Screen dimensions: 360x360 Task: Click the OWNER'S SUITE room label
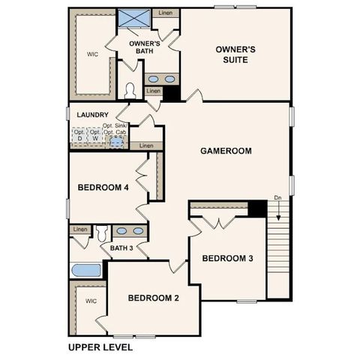(x=235, y=55)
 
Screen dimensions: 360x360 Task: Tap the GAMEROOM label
(x=225, y=151)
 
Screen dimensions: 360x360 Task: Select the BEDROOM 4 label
(x=104, y=187)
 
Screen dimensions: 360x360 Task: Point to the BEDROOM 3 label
(x=227, y=259)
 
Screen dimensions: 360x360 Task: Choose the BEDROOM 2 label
(x=153, y=298)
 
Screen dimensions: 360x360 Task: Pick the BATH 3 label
(x=121, y=248)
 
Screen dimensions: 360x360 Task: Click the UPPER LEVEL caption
(x=100, y=347)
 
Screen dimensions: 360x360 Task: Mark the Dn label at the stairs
(x=277, y=199)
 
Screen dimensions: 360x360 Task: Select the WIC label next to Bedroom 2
(x=91, y=301)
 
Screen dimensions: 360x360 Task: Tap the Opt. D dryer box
(x=79, y=135)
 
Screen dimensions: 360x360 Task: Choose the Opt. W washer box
(x=94, y=135)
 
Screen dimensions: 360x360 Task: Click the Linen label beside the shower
(x=165, y=13)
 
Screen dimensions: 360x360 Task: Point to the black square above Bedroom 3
(x=258, y=208)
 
